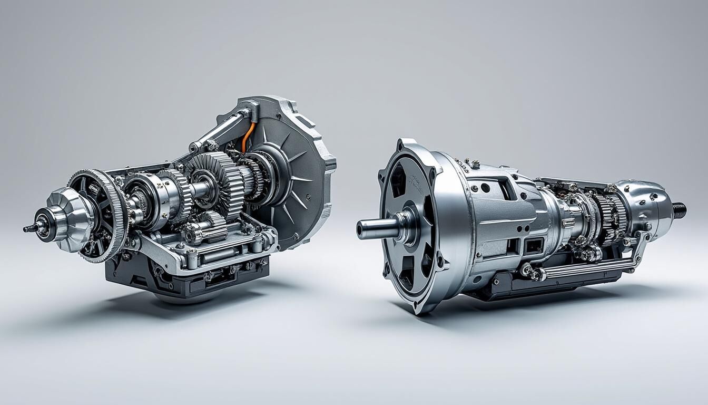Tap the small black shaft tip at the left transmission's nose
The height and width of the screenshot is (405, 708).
(27, 228)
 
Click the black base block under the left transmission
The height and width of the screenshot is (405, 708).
(184, 279)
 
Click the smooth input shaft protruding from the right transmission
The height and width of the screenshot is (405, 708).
(377, 228)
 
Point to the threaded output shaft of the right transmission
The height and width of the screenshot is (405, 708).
(680, 209)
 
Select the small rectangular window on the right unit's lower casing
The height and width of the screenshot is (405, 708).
(533, 245)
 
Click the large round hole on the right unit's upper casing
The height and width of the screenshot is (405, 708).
(485, 187)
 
